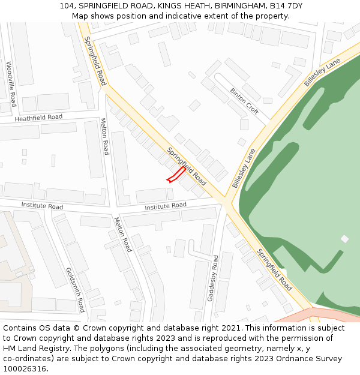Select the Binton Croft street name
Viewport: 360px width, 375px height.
point(244,101)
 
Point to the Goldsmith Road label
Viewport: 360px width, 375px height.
point(76,290)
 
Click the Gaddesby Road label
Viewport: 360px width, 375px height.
point(213,278)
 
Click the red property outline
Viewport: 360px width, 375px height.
point(175,175)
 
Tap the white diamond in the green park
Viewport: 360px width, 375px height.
point(344,239)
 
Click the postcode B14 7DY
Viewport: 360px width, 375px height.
point(286,6)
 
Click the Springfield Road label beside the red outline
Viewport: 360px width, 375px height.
point(187,166)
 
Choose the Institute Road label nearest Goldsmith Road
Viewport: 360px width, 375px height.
point(42,206)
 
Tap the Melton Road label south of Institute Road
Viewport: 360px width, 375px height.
point(123,234)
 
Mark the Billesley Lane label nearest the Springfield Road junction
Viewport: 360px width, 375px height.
point(244,169)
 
